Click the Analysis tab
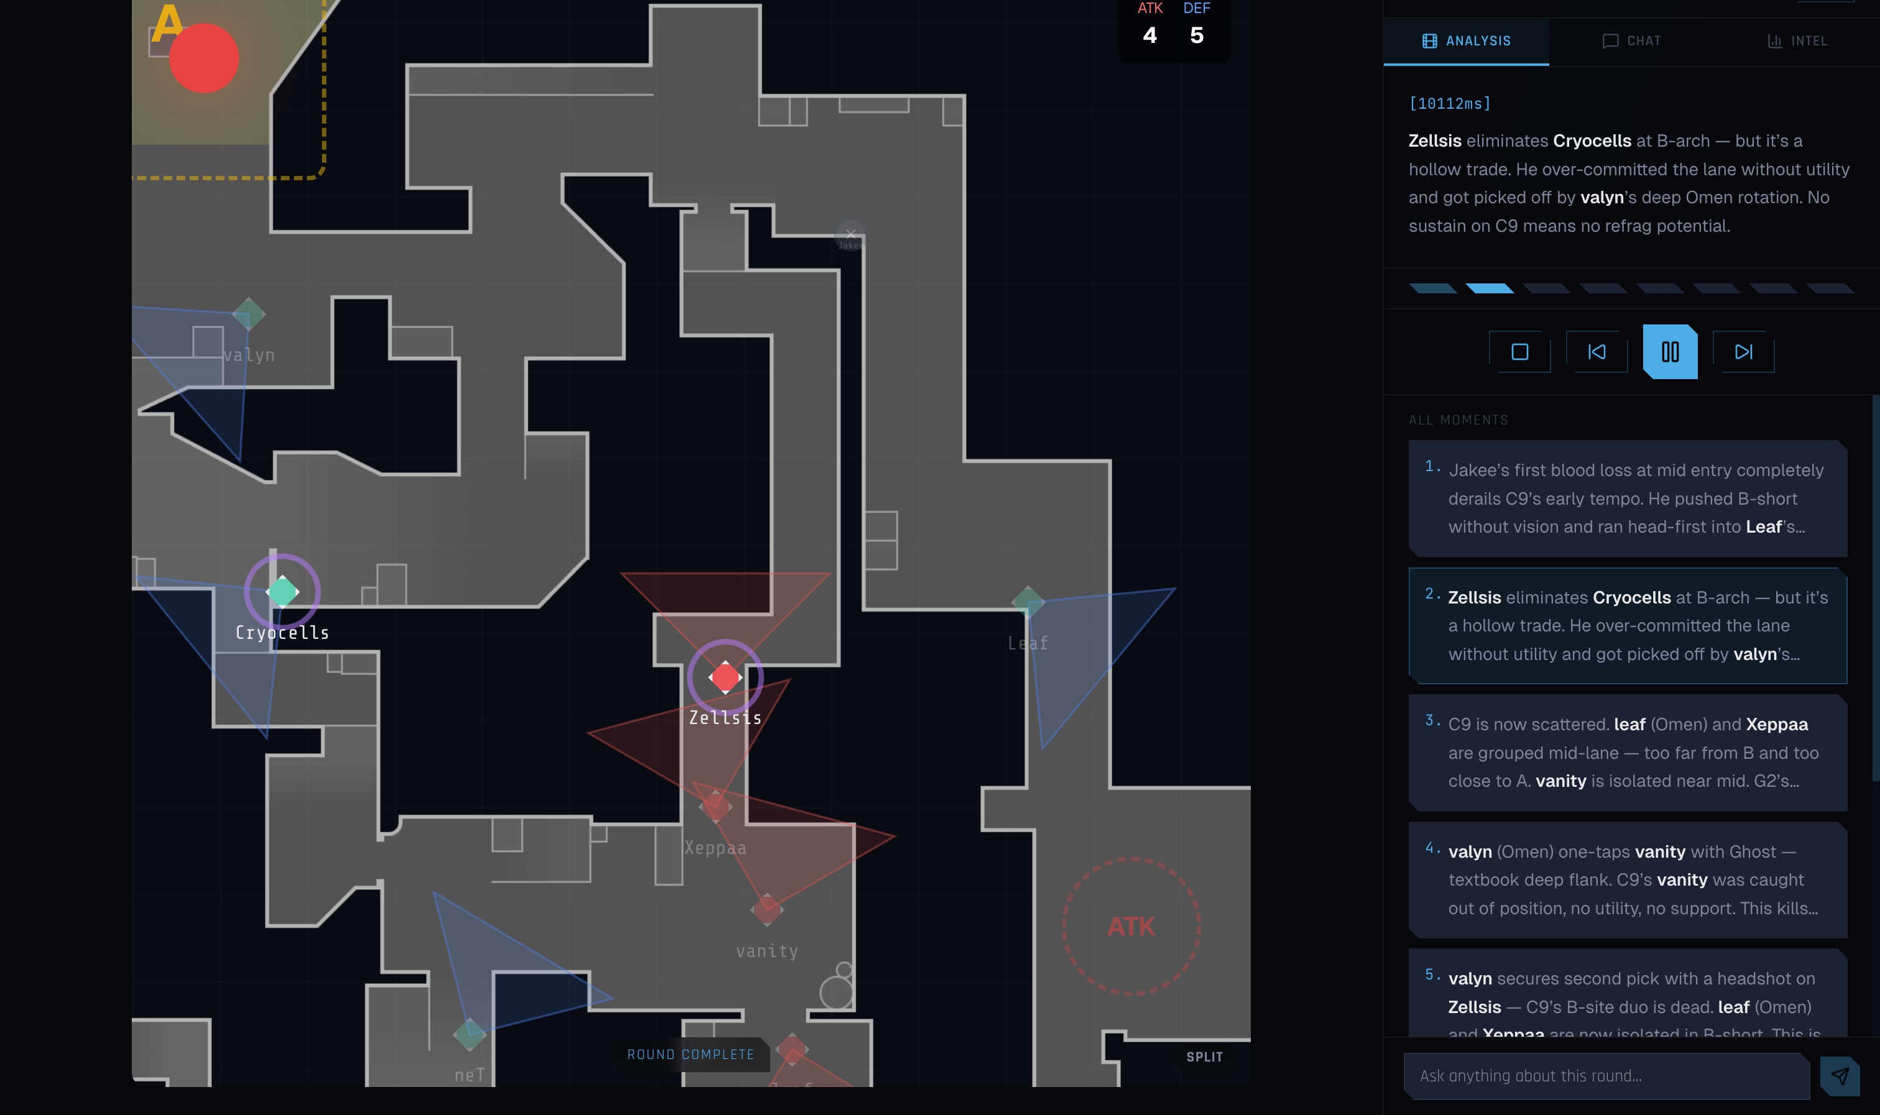1466,41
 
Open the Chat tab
1631,41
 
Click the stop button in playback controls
1519,352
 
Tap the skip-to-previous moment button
1596,352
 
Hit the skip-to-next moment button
1743,352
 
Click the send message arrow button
1840,1076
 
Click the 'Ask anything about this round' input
1605,1076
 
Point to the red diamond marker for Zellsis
725,677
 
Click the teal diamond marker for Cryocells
282,591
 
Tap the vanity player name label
767,951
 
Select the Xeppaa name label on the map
716,848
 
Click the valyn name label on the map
249,356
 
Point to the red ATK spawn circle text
1131,927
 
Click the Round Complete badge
691,1054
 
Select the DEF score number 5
1196,35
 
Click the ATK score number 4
1150,35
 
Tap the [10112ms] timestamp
1449,104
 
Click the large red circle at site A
204,58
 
